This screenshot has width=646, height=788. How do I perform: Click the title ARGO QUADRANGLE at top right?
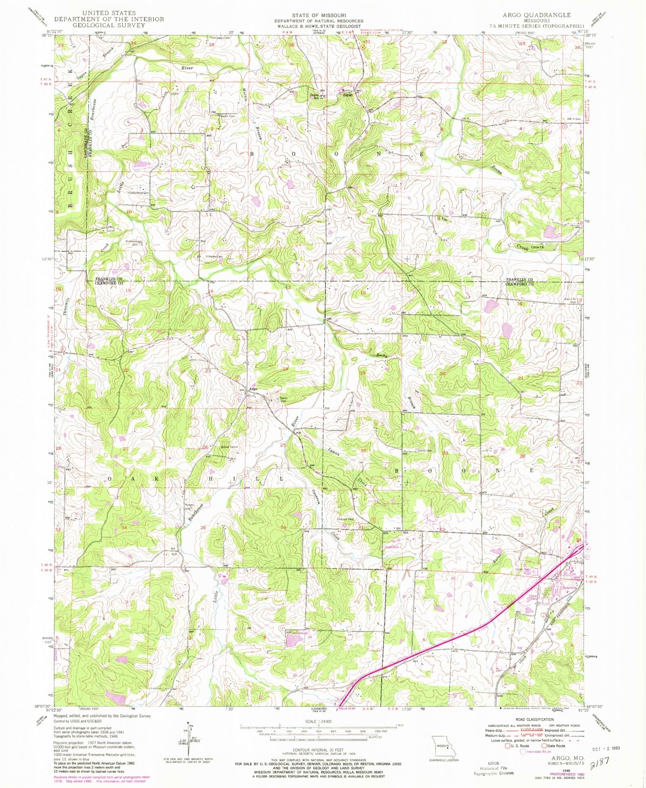click(x=537, y=15)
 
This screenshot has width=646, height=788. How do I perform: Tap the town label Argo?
click(x=253, y=389)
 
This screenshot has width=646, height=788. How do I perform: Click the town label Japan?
click(x=347, y=95)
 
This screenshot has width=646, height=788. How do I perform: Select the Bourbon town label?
click(x=570, y=588)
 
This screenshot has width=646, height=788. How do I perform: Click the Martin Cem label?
click(x=227, y=116)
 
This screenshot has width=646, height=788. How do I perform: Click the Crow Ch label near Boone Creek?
click(x=537, y=247)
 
